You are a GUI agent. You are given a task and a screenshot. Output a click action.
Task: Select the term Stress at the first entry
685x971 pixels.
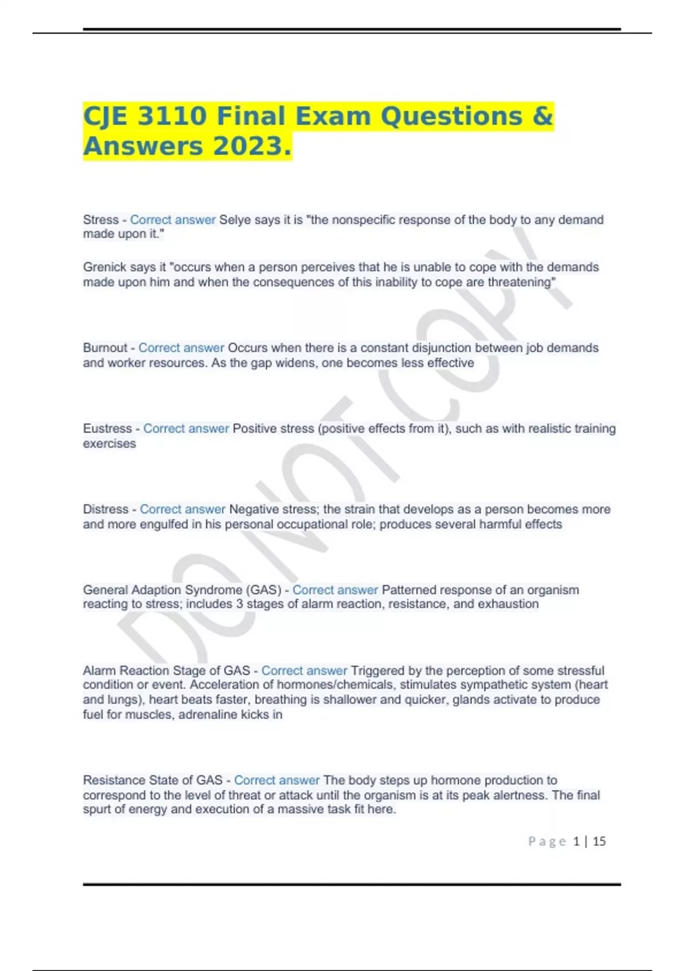(100, 220)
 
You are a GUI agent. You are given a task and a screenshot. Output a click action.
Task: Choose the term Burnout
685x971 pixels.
(105, 348)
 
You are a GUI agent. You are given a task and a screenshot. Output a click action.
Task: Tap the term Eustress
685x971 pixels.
(107, 428)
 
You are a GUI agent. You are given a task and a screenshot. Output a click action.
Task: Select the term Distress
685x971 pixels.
(106, 509)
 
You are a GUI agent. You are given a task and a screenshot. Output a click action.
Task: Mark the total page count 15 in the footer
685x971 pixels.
(599, 841)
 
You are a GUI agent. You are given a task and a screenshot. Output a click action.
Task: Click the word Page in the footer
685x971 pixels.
(547, 841)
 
